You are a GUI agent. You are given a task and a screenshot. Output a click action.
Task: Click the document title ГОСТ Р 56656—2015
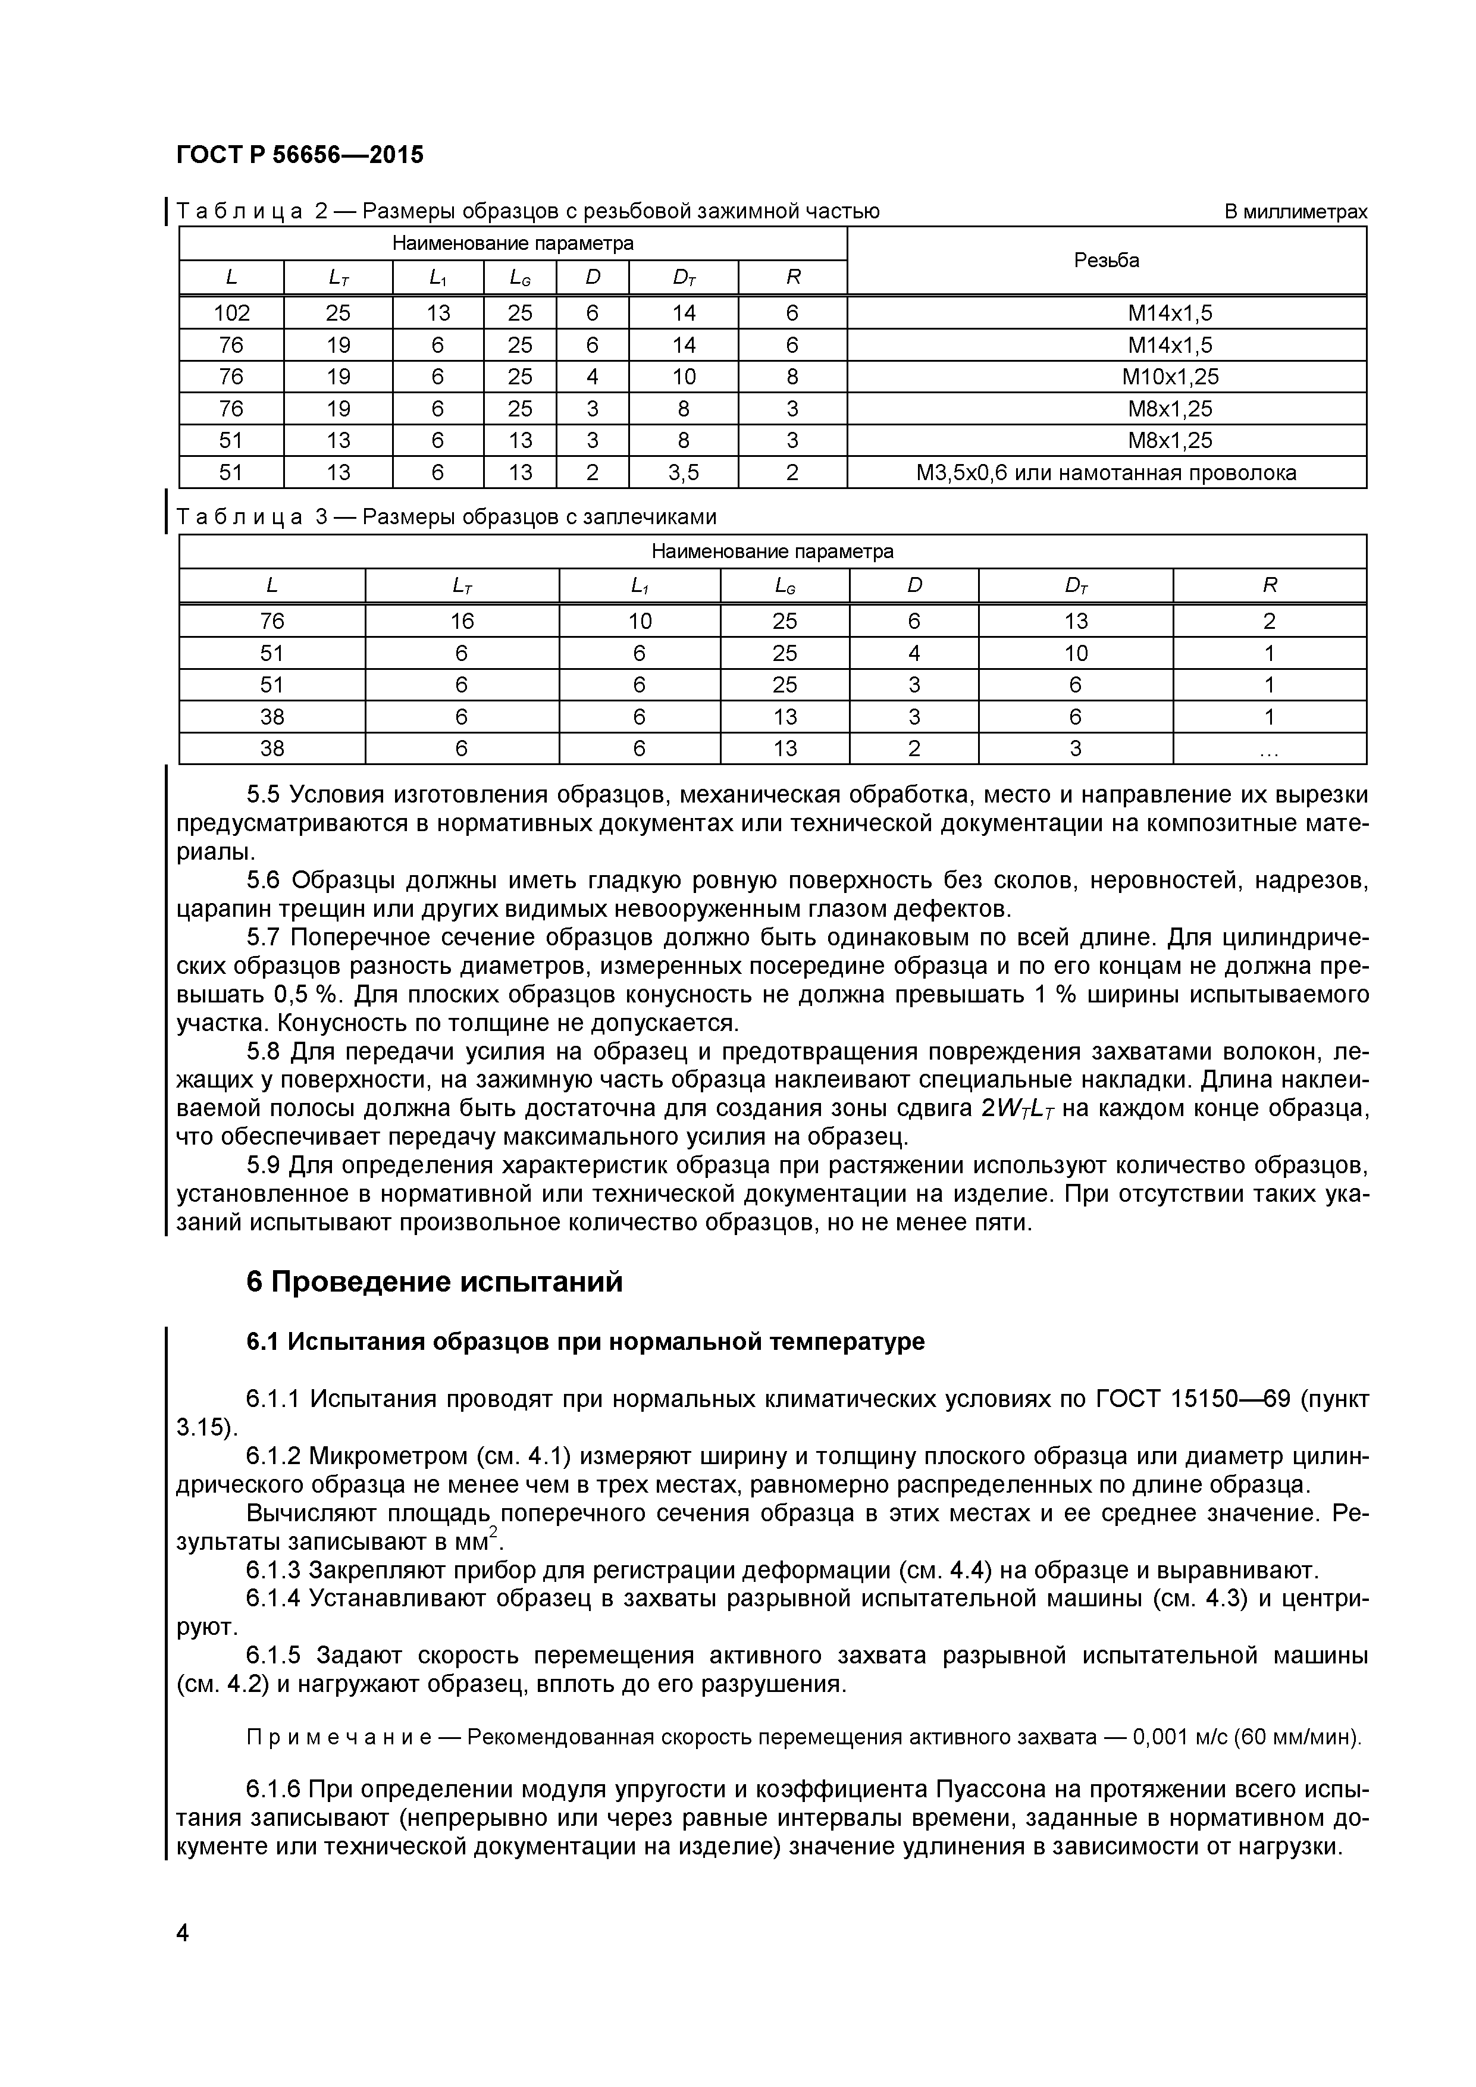click(300, 155)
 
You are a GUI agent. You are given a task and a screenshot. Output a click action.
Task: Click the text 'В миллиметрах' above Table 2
click(1295, 212)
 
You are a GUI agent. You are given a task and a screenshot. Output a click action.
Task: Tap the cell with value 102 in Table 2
click(232, 314)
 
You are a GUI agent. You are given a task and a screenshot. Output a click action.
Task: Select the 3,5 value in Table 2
click(684, 472)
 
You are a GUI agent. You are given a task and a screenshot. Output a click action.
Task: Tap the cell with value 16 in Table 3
click(462, 622)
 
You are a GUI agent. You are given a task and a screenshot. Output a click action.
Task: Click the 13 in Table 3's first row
click(1075, 622)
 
